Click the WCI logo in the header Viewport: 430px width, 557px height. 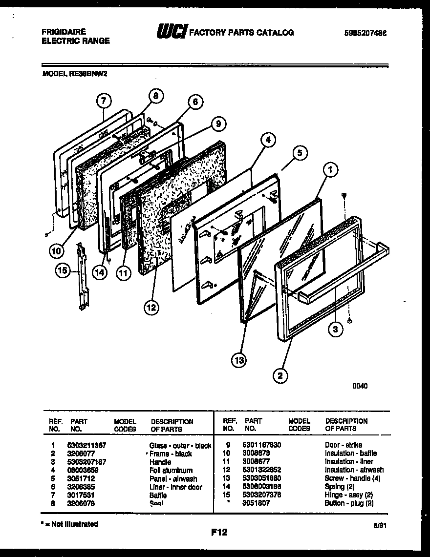pyautogui.click(x=171, y=32)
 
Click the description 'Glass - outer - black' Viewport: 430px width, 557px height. pyautogui.click(x=180, y=445)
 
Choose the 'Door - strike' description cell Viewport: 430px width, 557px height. pyautogui.click(x=343, y=445)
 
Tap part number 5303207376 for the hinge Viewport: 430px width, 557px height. pyautogui.click(x=261, y=495)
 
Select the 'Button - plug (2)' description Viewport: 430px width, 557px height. pyautogui.click(x=349, y=503)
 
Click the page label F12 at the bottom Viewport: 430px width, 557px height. pyautogui.click(x=219, y=533)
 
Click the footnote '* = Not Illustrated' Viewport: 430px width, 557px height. pyautogui.click(x=69, y=524)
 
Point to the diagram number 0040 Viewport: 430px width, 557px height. pyautogui.click(x=360, y=386)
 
